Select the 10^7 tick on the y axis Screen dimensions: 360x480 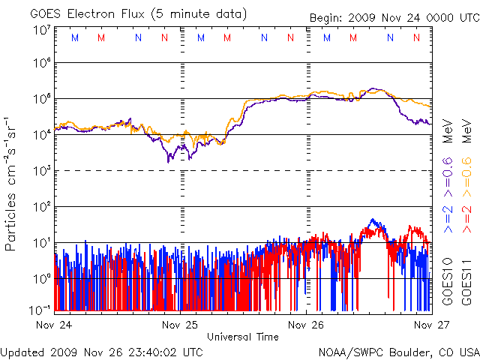click(x=41, y=30)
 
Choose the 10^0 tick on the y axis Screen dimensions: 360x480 click(x=41, y=279)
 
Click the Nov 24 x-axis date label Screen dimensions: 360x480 click(x=54, y=325)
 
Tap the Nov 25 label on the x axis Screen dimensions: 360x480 click(x=180, y=325)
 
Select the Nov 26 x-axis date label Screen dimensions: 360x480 click(x=306, y=325)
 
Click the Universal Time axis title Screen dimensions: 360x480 click(x=242, y=337)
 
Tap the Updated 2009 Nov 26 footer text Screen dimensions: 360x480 click(x=101, y=351)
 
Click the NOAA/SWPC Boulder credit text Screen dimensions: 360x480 click(x=398, y=351)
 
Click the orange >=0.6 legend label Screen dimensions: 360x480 click(x=465, y=172)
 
